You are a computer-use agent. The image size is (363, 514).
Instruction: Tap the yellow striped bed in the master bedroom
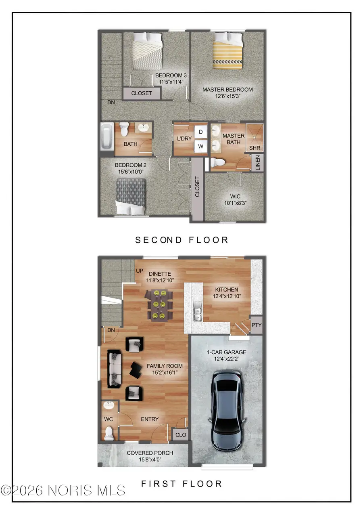point(227,51)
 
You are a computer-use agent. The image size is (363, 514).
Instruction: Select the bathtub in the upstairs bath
point(107,137)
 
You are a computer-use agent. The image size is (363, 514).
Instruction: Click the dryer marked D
point(201,132)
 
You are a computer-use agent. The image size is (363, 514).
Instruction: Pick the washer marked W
point(201,147)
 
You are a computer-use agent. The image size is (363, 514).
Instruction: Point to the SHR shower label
point(255,148)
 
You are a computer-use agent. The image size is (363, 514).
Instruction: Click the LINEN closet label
point(258,163)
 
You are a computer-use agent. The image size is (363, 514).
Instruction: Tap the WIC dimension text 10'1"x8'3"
point(236,203)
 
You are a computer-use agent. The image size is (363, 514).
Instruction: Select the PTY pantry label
point(257,325)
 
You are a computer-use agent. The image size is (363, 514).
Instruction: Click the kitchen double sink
point(197,312)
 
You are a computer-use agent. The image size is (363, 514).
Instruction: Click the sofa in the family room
point(115,369)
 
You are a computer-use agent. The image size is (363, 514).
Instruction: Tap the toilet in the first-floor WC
point(109,433)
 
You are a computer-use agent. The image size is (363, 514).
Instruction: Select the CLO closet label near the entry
point(181,435)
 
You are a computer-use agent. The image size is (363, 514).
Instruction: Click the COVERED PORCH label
point(150,453)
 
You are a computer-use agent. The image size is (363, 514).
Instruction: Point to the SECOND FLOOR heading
point(181,240)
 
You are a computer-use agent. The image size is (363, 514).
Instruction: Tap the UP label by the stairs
point(140,271)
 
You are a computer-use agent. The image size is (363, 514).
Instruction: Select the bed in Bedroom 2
point(131,196)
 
